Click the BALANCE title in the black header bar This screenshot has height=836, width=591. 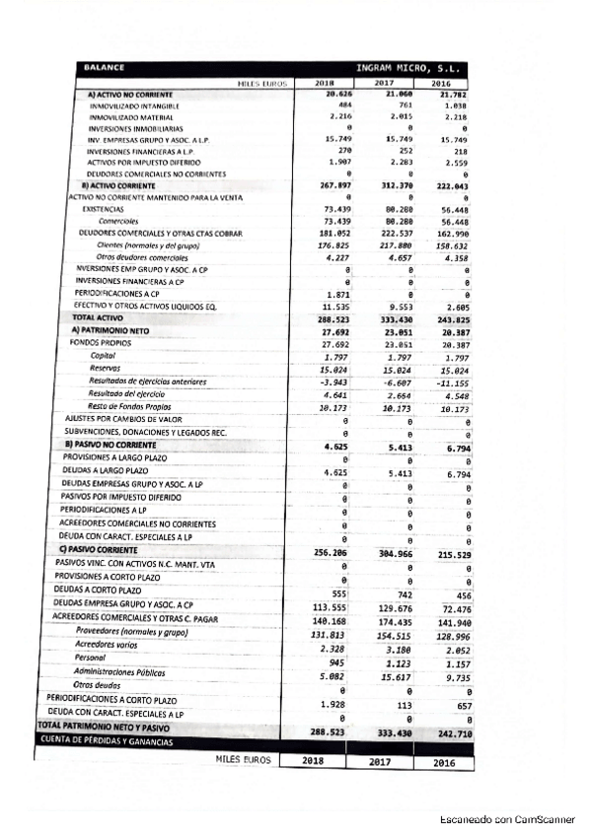pyautogui.click(x=104, y=68)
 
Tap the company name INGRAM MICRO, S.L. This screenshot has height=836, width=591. pyautogui.click(x=412, y=68)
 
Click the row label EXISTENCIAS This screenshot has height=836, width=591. pyautogui.click(x=103, y=209)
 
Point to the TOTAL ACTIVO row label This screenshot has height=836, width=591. pyautogui.click(x=95, y=318)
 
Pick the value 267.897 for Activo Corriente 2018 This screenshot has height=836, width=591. pyautogui.click(x=332, y=185)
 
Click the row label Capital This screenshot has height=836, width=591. pyautogui.click(x=103, y=355)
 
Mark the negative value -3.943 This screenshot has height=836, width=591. pyautogui.click(x=335, y=381)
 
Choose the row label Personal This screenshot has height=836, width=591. pyautogui.click(x=90, y=657)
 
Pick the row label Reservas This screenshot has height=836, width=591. pyautogui.click(x=104, y=368)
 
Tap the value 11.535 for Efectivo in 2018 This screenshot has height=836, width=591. pyautogui.click(x=335, y=307)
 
